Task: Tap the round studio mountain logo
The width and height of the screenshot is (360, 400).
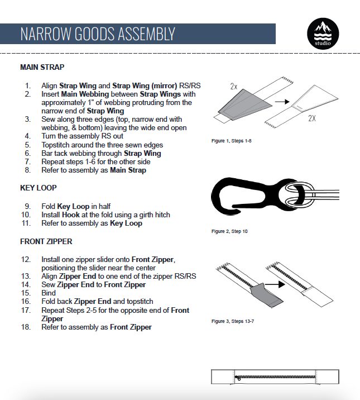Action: pyautogui.click(x=323, y=34)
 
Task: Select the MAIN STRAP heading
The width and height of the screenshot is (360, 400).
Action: pyautogui.click(x=42, y=67)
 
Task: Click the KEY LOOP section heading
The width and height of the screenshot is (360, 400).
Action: pyautogui.click(x=38, y=188)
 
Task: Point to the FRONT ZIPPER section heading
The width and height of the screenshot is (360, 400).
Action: pyautogui.click(x=46, y=242)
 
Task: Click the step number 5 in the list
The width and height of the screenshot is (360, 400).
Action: pyautogui.click(x=28, y=145)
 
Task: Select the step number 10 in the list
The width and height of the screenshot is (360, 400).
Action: pyautogui.click(x=26, y=215)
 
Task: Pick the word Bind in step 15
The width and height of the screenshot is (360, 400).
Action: pyautogui.click(x=49, y=292)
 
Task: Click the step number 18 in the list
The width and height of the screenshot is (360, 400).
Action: pyautogui.click(x=26, y=327)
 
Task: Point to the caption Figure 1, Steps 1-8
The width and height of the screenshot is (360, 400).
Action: pyautogui.click(x=231, y=140)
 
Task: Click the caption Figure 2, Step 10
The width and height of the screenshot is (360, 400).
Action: pyautogui.click(x=229, y=231)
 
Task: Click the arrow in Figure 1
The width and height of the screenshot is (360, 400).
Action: pyautogui.click(x=282, y=102)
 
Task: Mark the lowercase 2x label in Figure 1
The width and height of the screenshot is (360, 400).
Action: pyautogui.click(x=234, y=87)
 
